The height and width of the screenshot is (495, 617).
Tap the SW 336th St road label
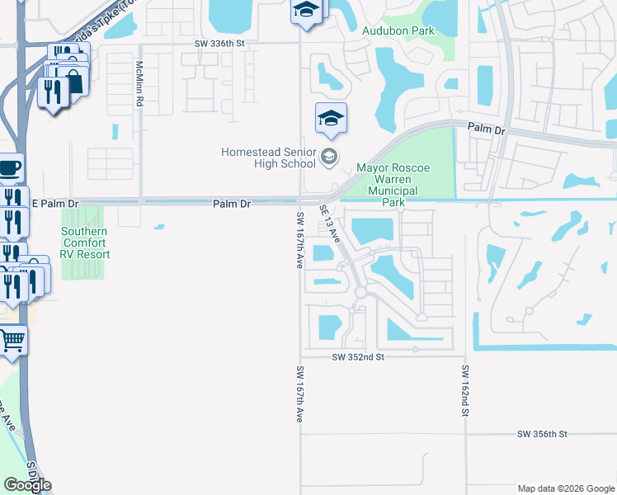coord(220,43)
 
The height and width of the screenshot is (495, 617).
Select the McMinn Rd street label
coord(140,86)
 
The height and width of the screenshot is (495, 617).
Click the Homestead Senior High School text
coord(268,157)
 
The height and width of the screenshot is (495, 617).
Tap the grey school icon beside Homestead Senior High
coord(329,156)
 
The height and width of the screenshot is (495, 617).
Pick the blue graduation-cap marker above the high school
coord(331,119)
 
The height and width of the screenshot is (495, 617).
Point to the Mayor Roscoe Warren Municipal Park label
coord(393,185)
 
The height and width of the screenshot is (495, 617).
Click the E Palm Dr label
coord(54,203)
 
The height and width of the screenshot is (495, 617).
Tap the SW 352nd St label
coord(359,357)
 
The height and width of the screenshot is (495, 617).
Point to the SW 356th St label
coord(543,433)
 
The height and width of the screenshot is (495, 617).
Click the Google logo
coord(27,484)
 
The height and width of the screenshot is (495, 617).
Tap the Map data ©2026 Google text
coord(565,488)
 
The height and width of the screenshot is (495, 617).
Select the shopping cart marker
coord(12,339)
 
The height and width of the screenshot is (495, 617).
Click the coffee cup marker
coord(10,168)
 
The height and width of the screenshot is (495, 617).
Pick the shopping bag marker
coord(74,81)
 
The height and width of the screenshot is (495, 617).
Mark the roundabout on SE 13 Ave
coord(360,293)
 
